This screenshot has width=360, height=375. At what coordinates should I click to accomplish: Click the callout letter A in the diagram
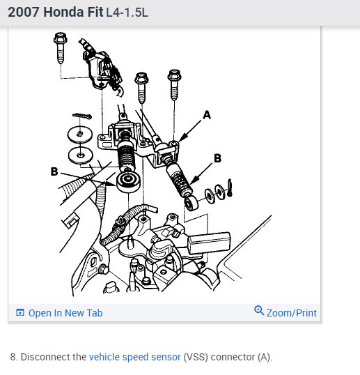(206, 114)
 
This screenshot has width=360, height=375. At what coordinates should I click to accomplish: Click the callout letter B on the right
(217, 158)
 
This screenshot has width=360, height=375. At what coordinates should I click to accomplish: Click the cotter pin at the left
(82, 116)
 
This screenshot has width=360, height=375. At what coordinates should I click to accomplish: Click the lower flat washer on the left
(81, 153)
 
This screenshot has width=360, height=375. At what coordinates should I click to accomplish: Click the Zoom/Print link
(291, 313)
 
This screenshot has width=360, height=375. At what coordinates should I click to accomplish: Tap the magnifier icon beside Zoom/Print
(259, 311)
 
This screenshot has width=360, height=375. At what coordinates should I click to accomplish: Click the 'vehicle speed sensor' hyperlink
(134, 357)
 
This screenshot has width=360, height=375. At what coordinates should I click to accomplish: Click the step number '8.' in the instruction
(14, 357)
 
